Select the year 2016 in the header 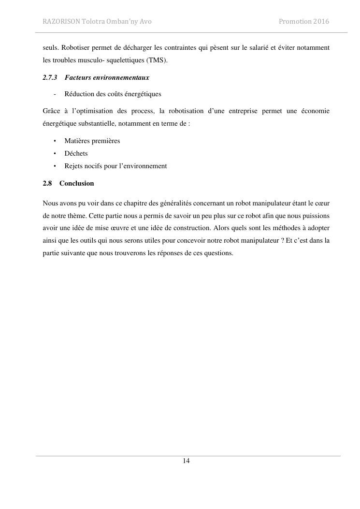pos(321,21)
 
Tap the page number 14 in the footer pos(186,461)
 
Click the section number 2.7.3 pos(50,77)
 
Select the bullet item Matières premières pos(92,141)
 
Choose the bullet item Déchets pos(76,153)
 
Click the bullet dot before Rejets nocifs pos(55,166)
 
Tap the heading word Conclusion pos(76,183)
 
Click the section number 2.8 pos(47,183)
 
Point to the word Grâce pos(51,111)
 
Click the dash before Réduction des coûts pos(55,94)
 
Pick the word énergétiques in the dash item pos(144,94)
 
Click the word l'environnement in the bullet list pos(144,166)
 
